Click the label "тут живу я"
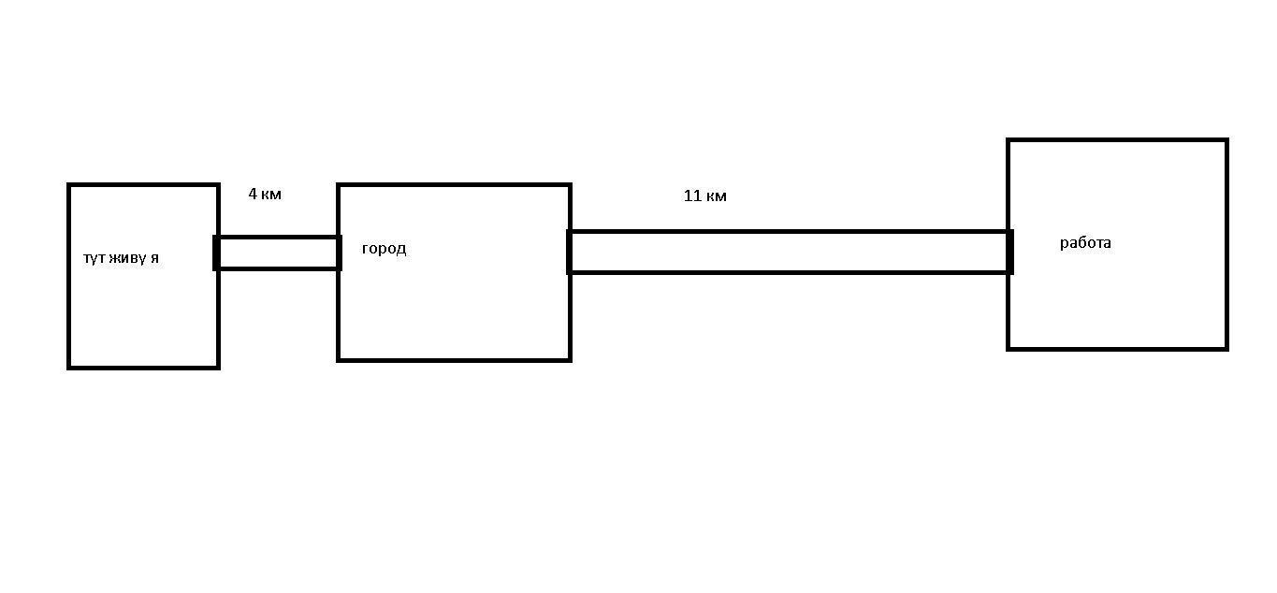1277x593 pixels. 121,258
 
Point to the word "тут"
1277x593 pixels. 94,258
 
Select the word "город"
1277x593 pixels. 384,249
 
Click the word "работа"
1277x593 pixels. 1085,243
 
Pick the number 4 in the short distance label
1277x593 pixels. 253,195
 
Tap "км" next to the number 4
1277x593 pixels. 271,195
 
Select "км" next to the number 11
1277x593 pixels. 717,196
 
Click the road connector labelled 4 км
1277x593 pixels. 278,253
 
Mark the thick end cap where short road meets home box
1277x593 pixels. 217,253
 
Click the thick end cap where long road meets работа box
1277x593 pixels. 1009,252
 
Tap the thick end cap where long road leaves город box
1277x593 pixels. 569,252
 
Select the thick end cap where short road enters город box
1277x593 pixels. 339,253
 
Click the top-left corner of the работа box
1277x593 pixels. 1009,140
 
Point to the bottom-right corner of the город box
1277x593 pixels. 570,359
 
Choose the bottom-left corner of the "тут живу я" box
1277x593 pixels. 69,367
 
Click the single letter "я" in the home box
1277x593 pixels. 154,258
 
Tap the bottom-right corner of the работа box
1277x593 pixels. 1226,348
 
